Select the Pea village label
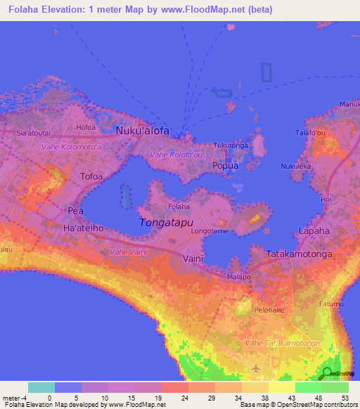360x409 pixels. (75, 210)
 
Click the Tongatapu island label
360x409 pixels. (167, 223)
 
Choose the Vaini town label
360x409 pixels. (193, 257)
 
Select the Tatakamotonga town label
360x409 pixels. (297, 253)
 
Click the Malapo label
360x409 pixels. (238, 277)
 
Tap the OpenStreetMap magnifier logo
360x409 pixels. (327, 373)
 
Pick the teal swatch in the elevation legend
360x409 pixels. (41, 387)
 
